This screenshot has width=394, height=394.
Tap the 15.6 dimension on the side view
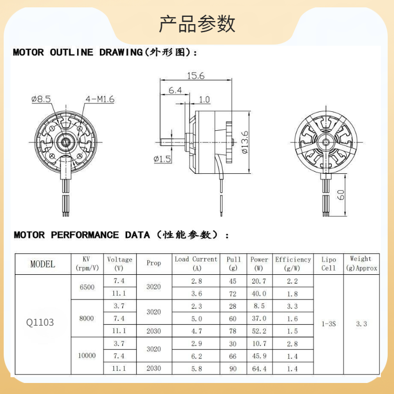194,76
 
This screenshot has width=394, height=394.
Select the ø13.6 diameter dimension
244,142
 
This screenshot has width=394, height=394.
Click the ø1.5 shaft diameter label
162,159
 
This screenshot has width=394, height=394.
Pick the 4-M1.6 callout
100,99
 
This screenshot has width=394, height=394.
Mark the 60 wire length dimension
341,195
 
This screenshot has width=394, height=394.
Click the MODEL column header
43,264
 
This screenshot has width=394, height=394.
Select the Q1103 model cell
40,322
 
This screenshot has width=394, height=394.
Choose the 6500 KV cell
87,287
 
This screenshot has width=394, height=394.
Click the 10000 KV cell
87,356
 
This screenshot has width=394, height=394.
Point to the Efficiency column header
293,263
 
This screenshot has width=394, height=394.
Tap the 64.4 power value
259,369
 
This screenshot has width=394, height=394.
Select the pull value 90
233,369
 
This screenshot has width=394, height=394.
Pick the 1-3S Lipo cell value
329,324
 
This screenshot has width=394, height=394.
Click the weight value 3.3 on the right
361,324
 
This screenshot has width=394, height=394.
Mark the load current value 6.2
196,356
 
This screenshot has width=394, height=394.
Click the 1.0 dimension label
204,99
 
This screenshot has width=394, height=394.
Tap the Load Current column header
196,263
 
